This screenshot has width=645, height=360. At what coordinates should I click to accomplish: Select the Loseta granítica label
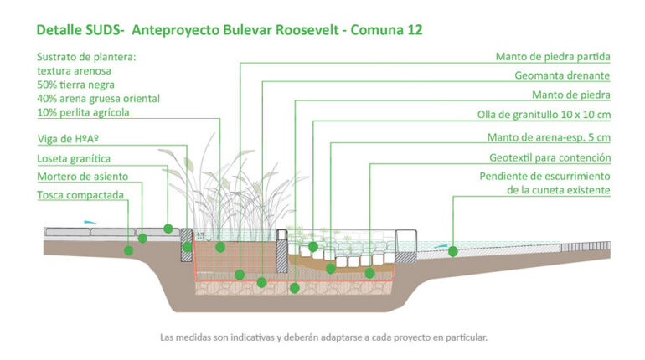74,158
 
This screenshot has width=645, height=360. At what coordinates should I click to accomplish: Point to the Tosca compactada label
80,195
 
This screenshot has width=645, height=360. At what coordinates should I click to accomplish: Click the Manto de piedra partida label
552,58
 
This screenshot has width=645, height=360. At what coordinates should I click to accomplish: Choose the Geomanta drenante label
562,75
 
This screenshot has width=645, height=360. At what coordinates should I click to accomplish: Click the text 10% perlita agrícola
83,111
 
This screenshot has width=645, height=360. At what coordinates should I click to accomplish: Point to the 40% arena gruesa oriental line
98,98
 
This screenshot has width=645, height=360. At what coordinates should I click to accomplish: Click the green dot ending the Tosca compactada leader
129,249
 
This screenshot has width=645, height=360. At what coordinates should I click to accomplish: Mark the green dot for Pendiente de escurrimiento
452,250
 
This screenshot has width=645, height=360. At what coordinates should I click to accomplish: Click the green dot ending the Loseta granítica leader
168,228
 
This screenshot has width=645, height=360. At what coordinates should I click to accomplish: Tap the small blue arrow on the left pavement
90,222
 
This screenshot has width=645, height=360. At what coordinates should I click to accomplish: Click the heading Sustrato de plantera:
85,58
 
